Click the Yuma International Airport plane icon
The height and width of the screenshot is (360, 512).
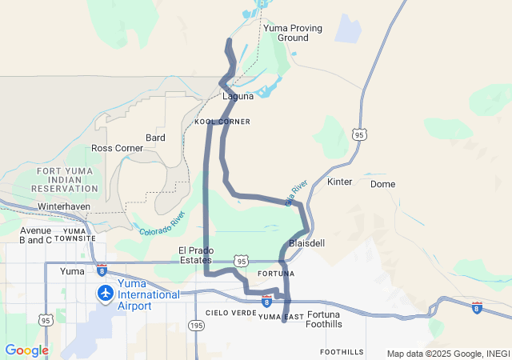(x=105, y=293)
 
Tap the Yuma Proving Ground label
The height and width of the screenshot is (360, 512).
(x=293, y=33)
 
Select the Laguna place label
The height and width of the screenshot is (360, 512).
(x=238, y=97)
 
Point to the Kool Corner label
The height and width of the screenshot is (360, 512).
(x=222, y=122)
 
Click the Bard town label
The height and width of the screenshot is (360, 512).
(x=155, y=138)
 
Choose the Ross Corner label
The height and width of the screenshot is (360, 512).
(x=117, y=148)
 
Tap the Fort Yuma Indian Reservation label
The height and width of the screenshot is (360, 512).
(x=69, y=179)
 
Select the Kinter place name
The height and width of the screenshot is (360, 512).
(x=340, y=182)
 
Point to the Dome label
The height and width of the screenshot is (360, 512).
(x=382, y=184)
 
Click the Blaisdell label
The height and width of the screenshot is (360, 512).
(x=306, y=242)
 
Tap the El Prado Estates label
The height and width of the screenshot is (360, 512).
(x=195, y=255)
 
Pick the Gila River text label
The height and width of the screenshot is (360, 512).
(x=296, y=194)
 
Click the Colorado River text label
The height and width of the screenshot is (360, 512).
(x=162, y=223)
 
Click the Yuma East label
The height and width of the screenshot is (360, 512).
(x=281, y=318)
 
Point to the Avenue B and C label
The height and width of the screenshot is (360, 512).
(x=35, y=234)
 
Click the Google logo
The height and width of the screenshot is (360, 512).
(x=26, y=350)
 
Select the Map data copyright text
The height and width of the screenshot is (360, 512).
(x=447, y=354)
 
